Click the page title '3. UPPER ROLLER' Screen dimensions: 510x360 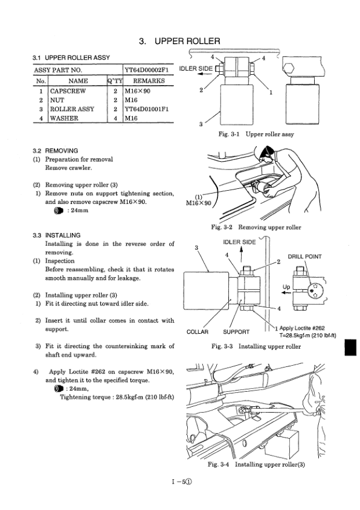pos(179,42)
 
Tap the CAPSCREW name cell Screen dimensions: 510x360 pos(69,91)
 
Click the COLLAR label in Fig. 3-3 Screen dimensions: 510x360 pos(196,331)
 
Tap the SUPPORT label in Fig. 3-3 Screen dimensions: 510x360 pos(237,331)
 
